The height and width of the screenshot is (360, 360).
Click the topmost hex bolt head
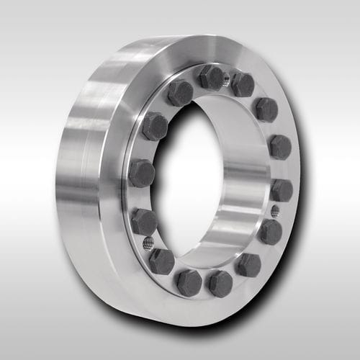click(x=211, y=77)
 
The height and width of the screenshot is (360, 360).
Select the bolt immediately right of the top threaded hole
click(x=243, y=85)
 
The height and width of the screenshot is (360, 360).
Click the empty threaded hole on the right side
click(x=275, y=211)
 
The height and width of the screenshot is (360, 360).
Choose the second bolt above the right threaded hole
click(x=279, y=147)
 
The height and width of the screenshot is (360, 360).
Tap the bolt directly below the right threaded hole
click(x=270, y=232)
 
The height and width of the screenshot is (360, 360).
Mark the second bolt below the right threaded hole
click(x=248, y=264)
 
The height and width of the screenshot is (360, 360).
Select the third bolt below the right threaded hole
click(x=220, y=283)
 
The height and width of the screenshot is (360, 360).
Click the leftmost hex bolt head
click(x=141, y=173)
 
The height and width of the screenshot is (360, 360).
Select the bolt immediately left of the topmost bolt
click(x=180, y=92)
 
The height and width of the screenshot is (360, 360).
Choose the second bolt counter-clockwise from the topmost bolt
click(x=154, y=127)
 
